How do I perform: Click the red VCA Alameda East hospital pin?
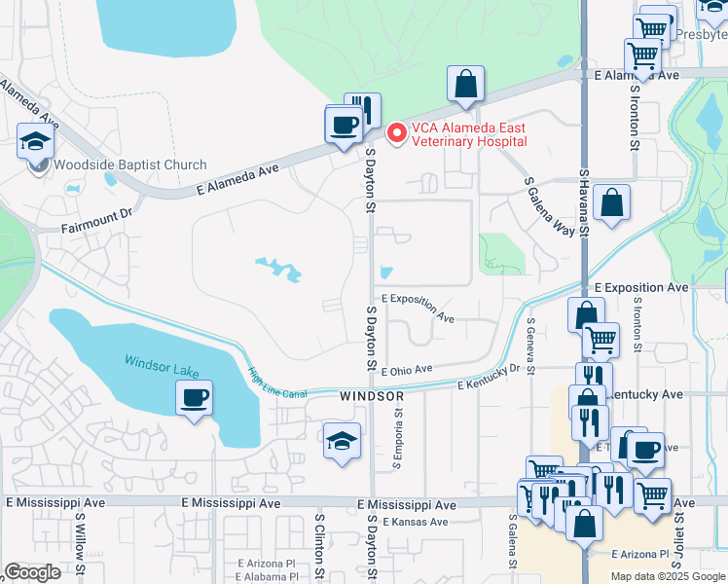396,133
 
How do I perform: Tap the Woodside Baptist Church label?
129,164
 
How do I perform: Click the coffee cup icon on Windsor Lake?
194,398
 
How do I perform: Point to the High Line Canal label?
276,381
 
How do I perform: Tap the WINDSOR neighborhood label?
371,397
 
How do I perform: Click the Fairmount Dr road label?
95,226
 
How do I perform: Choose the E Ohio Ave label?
407,370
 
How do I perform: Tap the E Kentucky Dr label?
489,378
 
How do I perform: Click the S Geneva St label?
530,345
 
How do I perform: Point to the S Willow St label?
80,549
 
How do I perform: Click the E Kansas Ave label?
415,523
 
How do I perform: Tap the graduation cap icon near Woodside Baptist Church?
35,140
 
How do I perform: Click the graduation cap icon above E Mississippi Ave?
343,441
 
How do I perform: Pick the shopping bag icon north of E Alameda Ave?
466,85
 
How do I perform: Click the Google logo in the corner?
33,572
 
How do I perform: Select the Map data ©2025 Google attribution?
666,576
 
